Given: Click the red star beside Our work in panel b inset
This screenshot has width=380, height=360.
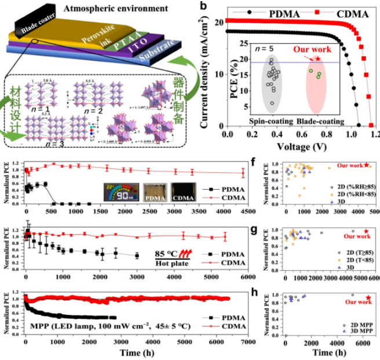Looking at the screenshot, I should tap(317, 59).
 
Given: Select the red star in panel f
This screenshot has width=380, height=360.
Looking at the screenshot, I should tap(366, 166).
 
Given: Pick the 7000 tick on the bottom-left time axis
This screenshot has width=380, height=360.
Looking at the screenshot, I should tap(247, 343).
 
